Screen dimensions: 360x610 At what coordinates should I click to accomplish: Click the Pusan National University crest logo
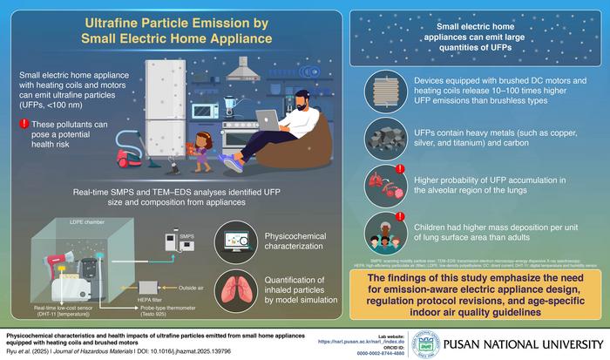tap(424, 340)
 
